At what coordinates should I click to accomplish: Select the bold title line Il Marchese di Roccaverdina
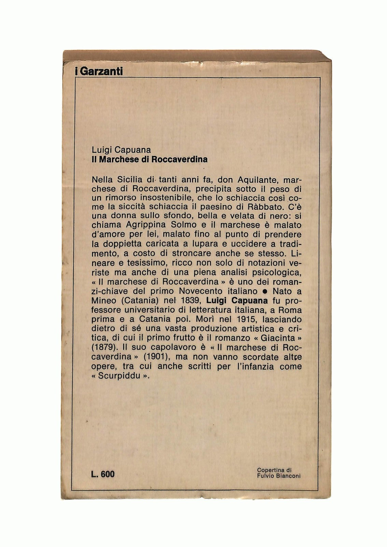150,159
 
